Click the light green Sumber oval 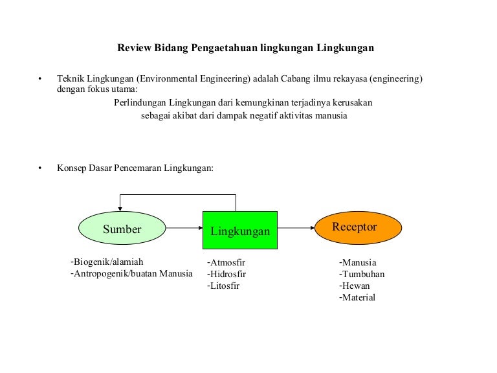(x=122, y=228)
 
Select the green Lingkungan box (x=240, y=230)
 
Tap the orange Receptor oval (x=358, y=228)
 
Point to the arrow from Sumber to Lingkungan (x=184, y=228)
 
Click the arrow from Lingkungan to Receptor (x=296, y=228)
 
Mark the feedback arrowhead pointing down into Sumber (x=120, y=209)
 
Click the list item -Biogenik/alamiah (x=107, y=262)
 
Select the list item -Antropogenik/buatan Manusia (x=131, y=274)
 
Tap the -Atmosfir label (x=226, y=263)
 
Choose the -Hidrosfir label (x=226, y=274)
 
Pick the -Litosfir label (x=223, y=286)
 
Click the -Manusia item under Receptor (x=358, y=263)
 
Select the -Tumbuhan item (x=362, y=274)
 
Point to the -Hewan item (x=355, y=286)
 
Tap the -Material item (x=357, y=297)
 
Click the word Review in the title (x=135, y=48)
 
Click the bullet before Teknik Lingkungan (x=40, y=78)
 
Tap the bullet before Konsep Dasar (x=40, y=168)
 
